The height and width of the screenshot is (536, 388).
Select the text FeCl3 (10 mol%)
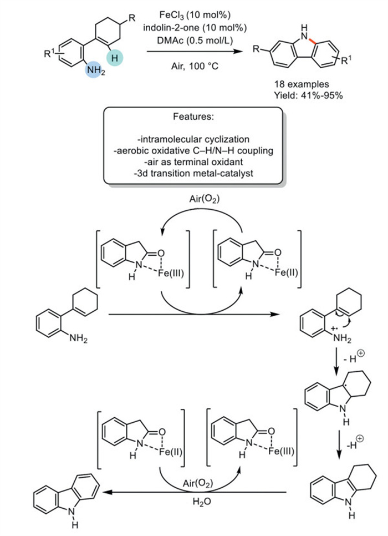pos(190,14)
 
